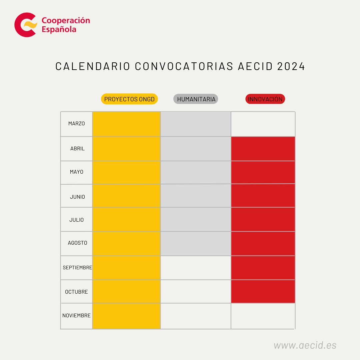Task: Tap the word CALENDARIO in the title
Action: (93, 66)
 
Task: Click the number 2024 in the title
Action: (291, 66)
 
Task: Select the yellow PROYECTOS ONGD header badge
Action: (129, 99)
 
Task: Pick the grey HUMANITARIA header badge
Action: (196, 99)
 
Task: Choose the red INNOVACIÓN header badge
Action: (265, 99)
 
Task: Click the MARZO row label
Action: (76, 124)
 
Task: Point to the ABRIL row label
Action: (77, 149)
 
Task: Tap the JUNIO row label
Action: (77, 197)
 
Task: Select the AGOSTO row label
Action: (77, 243)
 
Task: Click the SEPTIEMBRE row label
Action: (77, 268)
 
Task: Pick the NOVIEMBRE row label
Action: (76, 316)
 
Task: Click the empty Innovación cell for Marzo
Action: (263, 124)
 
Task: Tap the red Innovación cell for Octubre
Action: (263, 291)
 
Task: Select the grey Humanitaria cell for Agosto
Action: (196, 243)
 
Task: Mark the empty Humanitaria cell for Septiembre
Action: (196, 268)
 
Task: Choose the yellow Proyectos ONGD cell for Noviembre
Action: (126, 316)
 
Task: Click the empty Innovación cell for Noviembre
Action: (263, 316)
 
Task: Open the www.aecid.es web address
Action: (305, 345)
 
